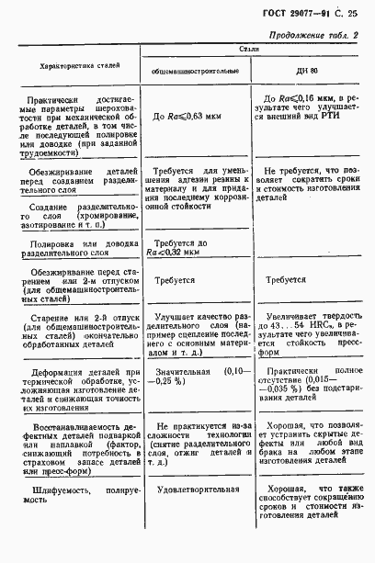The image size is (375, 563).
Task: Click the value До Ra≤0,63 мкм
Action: pyautogui.click(x=192, y=117)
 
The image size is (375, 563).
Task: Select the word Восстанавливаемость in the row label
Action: pyautogui.click(x=75, y=425)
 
